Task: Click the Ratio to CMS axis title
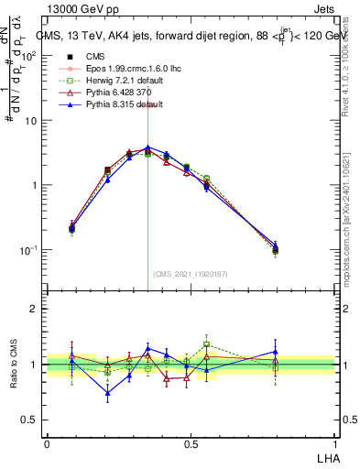pos(13,364)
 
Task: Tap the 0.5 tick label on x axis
pos(191,443)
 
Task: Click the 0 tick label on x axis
pos(47,443)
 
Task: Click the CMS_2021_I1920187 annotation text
pos(189,273)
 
